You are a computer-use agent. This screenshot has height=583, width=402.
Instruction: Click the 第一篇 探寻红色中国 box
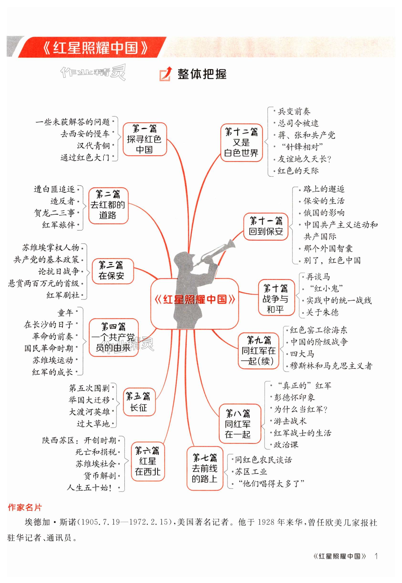(145, 139)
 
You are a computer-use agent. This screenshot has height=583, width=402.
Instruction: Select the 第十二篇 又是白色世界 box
(241, 143)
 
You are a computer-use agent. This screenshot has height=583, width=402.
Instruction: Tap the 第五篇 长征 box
(139, 402)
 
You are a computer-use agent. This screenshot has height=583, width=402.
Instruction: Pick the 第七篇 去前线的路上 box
(204, 468)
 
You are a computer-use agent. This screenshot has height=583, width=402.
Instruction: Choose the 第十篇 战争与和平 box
(276, 298)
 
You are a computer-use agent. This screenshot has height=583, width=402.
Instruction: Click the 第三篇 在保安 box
(112, 271)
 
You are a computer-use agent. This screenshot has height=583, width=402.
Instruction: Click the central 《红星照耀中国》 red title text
(194, 299)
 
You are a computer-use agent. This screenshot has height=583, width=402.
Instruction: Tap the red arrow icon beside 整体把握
(166, 74)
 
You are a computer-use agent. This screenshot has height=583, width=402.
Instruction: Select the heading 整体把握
(202, 74)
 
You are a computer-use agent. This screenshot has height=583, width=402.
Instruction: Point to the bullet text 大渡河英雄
(89, 412)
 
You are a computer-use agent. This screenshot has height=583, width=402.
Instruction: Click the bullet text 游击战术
(290, 421)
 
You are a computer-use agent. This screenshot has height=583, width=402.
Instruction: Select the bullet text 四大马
(302, 354)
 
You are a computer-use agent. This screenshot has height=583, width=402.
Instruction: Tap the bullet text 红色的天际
(298, 171)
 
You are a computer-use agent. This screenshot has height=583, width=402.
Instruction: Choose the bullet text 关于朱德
(322, 312)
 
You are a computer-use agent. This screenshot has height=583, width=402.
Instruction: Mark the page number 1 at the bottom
(376, 561)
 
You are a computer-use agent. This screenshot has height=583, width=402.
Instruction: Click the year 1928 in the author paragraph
(267, 522)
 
